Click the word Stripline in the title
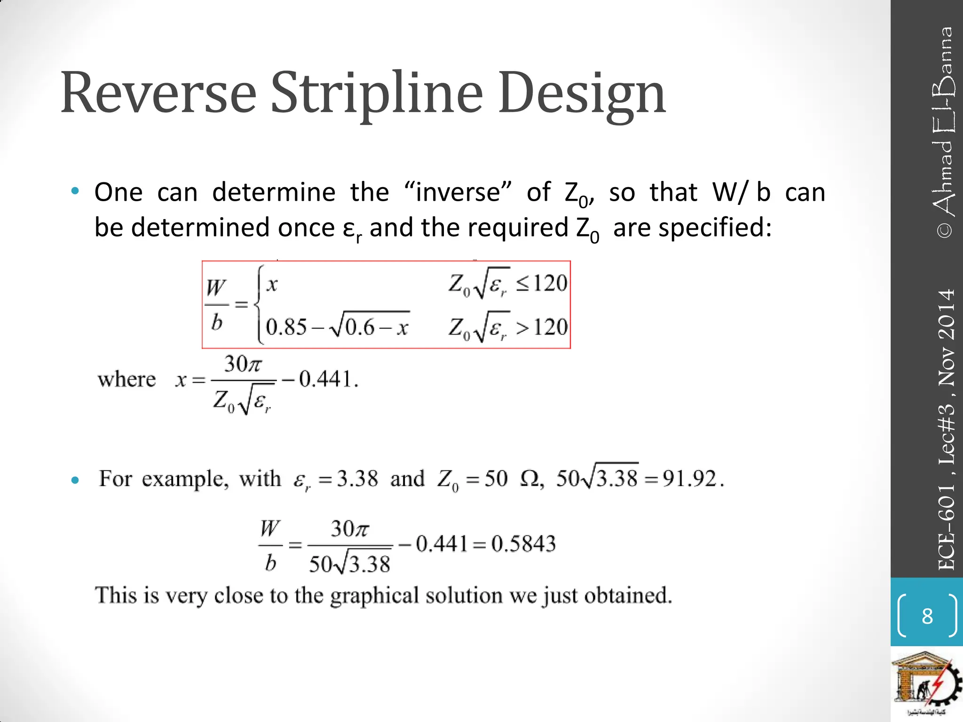pyautogui.click(x=376, y=94)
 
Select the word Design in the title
pyautogui.click(x=582, y=94)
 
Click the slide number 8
pyautogui.click(x=927, y=616)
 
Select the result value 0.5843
pyautogui.click(x=523, y=544)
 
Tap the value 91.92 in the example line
pyautogui.click(x=689, y=479)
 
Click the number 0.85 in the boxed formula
pyautogui.click(x=286, y=327)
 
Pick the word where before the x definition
pyautogui.click(x=126, y=379)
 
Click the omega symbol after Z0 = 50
pyautogui.click(x=531, y=479)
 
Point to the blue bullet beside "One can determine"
pyautogui.click(x=75, y=191)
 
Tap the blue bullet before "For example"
pyautogui.click(x=75, y=480)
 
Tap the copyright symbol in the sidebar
pyautogui.click(x=946, y=230)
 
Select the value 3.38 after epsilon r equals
pyautogui.click(x=358, y=479)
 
